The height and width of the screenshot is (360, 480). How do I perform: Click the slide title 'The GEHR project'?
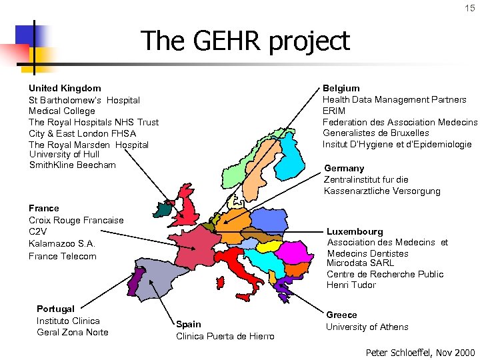pyautogui.click(x=245, y=41)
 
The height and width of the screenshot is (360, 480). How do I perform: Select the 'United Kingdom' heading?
pyautogui.click(x=65, y=88)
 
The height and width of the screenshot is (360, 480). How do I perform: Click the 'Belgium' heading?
pyautogui.click(x=341, y=88)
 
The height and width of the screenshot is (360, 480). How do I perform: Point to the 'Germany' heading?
pyautogui.click(x=344, y=168)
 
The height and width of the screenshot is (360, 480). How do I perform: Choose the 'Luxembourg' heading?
pyautogui.click(x=355, y=231)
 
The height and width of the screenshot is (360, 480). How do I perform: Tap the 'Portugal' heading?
pyautogui.click(x=55, y=309)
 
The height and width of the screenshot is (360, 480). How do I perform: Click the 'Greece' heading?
pyautogui.click(x=341, y=315)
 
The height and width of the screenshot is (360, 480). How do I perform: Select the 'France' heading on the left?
pyautogui.click(x=44, y=208)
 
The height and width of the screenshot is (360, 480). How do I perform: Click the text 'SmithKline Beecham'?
pyautogui.click(x=72, y=165)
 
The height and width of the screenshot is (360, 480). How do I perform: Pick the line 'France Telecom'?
pyautogui.click(x=63, y=256)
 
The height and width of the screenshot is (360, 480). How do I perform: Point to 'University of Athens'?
pyautogui.click(x=367, y=327)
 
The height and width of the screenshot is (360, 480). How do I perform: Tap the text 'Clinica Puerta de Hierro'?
pyautogui.click(x=225, y=336)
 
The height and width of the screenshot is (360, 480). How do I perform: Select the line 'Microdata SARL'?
pyautogui.click(x=360, y=263)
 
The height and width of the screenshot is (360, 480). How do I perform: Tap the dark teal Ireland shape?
pyautogui.click(x=163, y=210)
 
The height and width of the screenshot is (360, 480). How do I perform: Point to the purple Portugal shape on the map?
pyautogui.click(x=133, y=281)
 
